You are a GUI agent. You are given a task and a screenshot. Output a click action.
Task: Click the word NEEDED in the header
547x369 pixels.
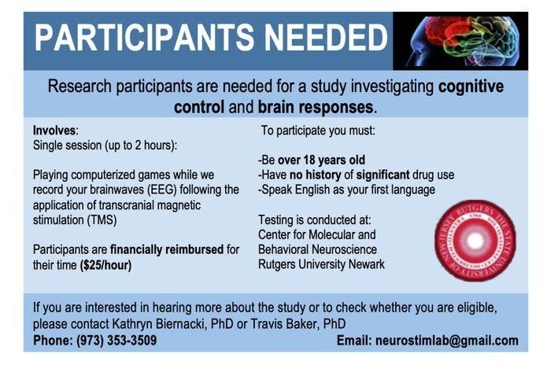(326, 38)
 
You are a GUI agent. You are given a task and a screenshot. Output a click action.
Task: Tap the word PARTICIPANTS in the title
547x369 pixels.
(145, 38)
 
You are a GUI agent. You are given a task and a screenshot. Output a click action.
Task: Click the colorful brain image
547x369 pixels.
(460, 41)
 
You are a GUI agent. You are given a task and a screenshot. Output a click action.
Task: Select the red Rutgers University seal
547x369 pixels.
(475, 240)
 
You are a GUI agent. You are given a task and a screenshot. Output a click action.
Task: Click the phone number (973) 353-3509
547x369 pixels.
(116, 341)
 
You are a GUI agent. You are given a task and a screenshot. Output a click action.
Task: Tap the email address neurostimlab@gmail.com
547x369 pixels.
(447, 341)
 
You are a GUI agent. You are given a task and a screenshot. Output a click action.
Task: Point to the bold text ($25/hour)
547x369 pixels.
(105, 265)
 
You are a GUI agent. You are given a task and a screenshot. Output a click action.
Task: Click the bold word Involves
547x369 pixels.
(54, 131)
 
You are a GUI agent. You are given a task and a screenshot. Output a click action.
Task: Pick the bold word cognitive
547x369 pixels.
(471, 87)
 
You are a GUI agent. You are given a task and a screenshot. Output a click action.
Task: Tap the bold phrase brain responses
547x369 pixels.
(316, 107)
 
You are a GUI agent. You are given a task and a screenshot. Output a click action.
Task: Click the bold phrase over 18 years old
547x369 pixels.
(321, 160)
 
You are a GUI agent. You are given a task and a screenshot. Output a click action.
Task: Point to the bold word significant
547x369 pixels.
(383, 175)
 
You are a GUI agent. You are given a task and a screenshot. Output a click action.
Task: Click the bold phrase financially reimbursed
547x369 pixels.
(167, 249)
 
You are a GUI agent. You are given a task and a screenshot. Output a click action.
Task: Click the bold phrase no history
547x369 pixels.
(315, 175)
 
